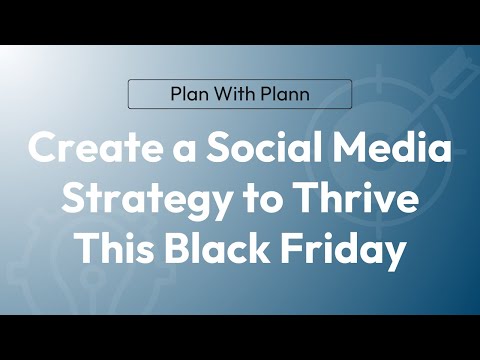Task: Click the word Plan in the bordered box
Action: [186, 94]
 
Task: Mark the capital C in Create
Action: [42, 152]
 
